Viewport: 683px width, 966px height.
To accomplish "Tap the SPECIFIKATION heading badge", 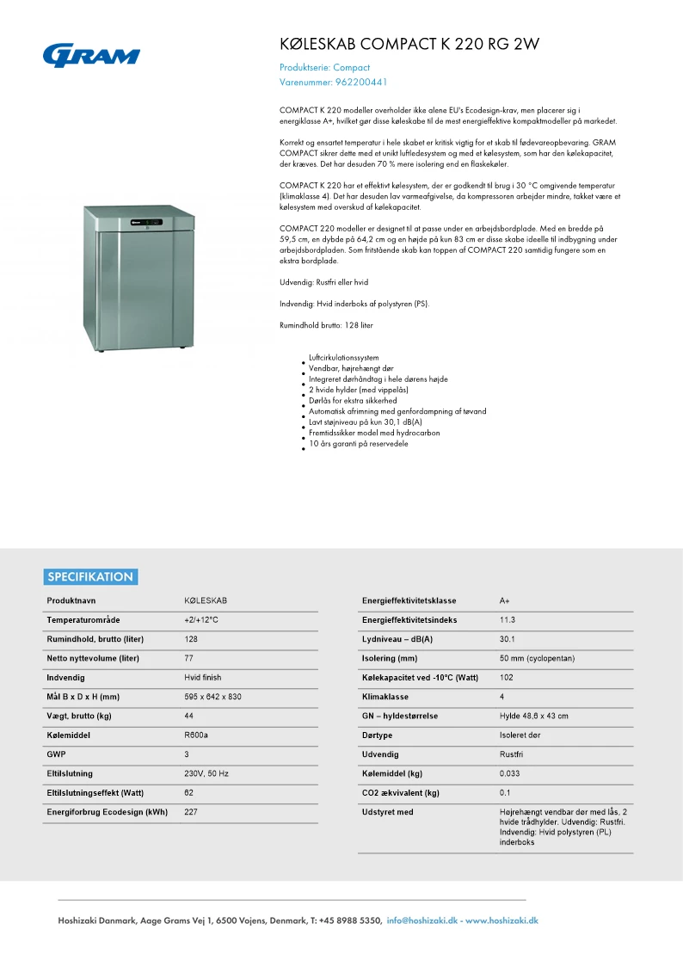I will pyautogui.click(x=90, y=577).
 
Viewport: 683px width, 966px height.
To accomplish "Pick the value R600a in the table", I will pyautogui.click(x=196, y=735).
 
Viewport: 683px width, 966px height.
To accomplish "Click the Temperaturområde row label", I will pyautogui.click(x=83, y=620).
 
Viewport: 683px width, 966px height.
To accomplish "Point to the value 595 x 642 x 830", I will pyautogui.click(x=212, y=697).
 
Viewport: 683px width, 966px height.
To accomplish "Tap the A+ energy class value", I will pyautogui.click(x=505, y=600).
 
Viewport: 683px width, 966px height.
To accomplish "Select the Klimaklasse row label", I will pyautogui.click(x=385, y=697).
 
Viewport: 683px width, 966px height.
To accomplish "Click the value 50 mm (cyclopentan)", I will pyautogui.click(x=537, y=658).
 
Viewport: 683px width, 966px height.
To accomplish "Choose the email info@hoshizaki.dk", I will pyautogui.click(x=421, y=920).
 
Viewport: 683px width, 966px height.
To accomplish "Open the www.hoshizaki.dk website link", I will pyautogui.click(x=501, y=920).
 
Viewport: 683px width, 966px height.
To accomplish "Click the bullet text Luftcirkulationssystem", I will pyautogui.click(x=343, y=358).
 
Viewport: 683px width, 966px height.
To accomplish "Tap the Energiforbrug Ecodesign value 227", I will pyautogui.click(x=191, y=812).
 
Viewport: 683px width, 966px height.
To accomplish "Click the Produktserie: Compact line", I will pyautogui.click(x=324, y=67).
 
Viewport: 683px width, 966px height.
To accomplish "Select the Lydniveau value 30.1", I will pyautogui.click(x=507, y=639).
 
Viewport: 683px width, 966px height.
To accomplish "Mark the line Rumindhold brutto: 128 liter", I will pyautogui.click(x=326, y=325).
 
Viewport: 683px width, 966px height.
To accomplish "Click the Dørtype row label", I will pyautogui.click(x=378, y=735).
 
